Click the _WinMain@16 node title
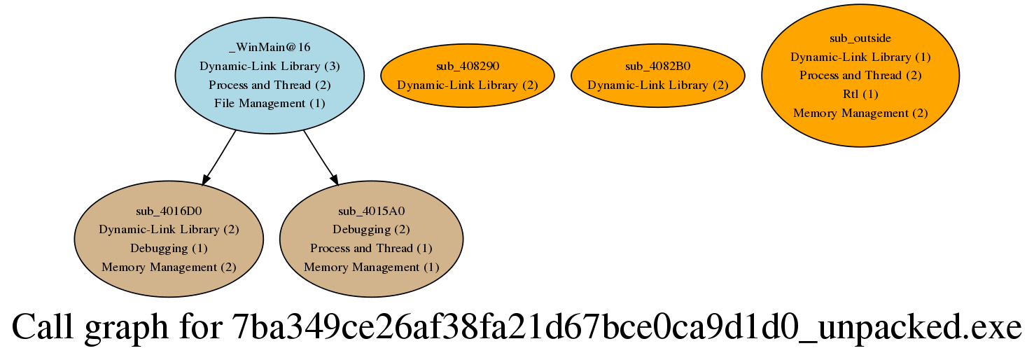(270, 47)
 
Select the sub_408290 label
(467, 66)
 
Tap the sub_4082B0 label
(657, 66)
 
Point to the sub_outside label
(860, 38)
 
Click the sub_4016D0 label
(169, 210)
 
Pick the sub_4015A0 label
(371, 210)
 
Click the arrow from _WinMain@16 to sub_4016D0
(218, 158)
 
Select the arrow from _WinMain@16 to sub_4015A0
(321, 158)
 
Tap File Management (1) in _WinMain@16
(270, 104)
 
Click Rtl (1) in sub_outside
(860, 94)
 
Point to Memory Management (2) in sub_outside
(860, 113)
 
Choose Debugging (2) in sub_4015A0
(371, 229)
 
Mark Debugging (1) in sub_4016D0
(169, 248)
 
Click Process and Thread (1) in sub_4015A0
(371, 248)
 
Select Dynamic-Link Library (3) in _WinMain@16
(270, 66)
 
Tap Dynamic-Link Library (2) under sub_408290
(467, 85)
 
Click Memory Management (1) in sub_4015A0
(371, 267)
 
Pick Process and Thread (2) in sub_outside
(860, 75)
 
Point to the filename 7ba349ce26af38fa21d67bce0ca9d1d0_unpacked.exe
(626, 328)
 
